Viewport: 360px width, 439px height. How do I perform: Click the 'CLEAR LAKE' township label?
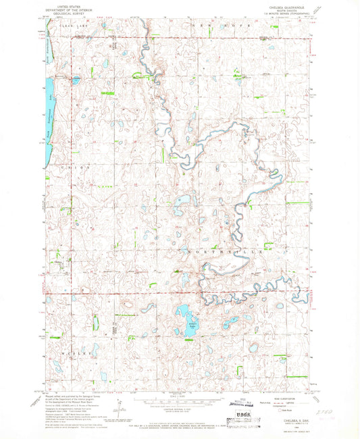pyautogui.click(x=60, y=24)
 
